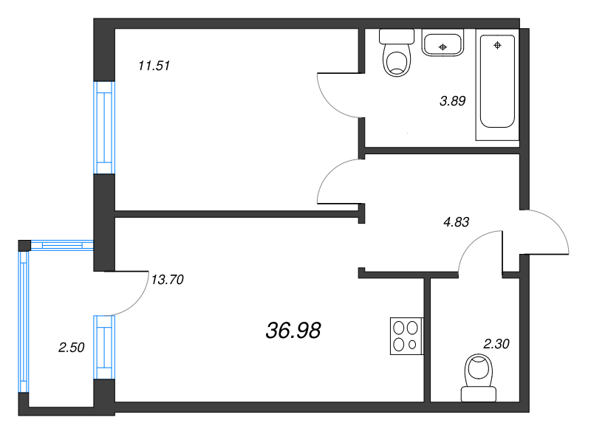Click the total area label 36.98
pyautogui.click(x=293, y=331)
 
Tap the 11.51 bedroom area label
pyautogui.click(x=154, y=66)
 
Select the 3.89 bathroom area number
pyautogui.click(x=453, y=100)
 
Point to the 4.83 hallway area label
pyautogui.click(x=457, y=222)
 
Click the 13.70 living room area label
pyautogui.click(x=168, y=280)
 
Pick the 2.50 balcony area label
pyautogui.click(x=71, y=348)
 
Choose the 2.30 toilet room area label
pyautogui.click(x=496, y=344)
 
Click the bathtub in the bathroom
pyautogui.click(x=497, y=84)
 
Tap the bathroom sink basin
pyautogui.click(x=443, y=43)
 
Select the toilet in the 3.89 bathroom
pyautogui.click(x=397, y=52)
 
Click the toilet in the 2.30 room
pyautogui.click(x=479, y=377)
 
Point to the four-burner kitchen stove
pyautogui.click(x=407, y=336)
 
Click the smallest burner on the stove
pyautogui.click(x=412, y=345)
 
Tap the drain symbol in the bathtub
pyautogui.click(x=497, y=45)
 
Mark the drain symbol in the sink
pyautogui.click(x=443, y=47)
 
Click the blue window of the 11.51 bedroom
pyautogui.click(x=104, y=128)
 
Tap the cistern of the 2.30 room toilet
pyautogui.click(x=479, y=394)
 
